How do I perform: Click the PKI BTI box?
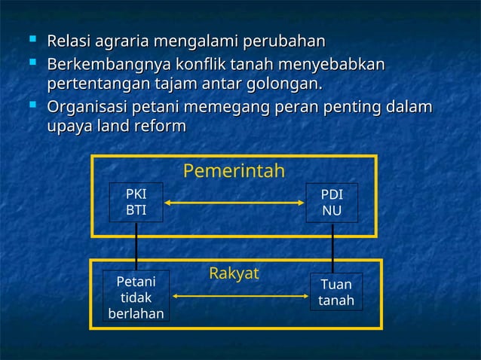[x=136, y=202]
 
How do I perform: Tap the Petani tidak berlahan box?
[x=136, y=297]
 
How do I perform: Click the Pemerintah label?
[x=234, y=172]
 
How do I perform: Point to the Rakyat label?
[x=234, y=273]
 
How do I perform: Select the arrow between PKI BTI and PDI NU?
[x=234, y=202]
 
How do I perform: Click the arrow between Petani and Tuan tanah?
[x=240, y=296]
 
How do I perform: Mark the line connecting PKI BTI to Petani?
[x=136, y=246]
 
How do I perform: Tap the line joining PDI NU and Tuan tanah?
[x=333, y=248]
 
